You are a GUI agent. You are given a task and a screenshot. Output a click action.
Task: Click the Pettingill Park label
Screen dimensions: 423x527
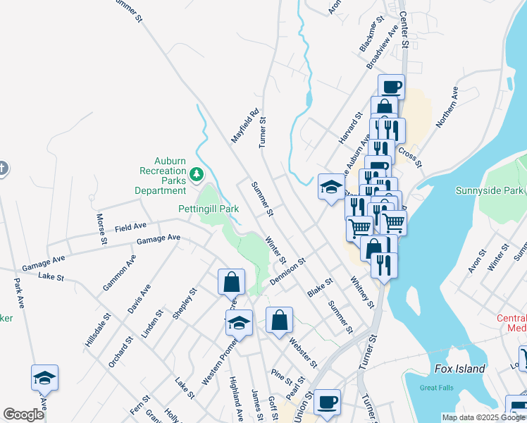pos(208,209)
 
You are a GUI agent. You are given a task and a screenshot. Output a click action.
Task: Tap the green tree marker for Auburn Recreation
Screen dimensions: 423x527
pos(198,172)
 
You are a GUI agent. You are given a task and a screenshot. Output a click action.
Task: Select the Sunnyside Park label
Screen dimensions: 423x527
pos(489,190)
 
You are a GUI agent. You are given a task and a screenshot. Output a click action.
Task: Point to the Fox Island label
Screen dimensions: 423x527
pos(460,369)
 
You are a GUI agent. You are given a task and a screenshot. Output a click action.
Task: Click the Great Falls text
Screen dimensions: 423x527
pos(434,387)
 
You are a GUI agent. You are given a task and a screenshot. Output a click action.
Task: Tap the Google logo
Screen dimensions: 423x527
pos(23,415)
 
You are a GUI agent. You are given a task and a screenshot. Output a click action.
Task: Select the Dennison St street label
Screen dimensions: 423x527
pos(287,271)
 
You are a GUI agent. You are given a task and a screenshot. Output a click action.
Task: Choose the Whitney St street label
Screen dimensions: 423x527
pos(362,292)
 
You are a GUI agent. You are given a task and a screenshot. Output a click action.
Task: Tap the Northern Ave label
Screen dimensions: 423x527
pos(447,107)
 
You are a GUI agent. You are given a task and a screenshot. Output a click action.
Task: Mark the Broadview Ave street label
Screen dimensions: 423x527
pos(382,48)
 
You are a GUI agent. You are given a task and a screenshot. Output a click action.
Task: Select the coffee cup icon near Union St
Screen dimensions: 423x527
pos(327,403)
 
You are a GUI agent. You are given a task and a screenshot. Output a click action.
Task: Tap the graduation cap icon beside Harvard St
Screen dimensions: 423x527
pos(331,187)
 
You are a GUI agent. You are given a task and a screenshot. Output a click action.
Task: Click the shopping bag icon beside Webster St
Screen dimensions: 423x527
pos(280,320)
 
